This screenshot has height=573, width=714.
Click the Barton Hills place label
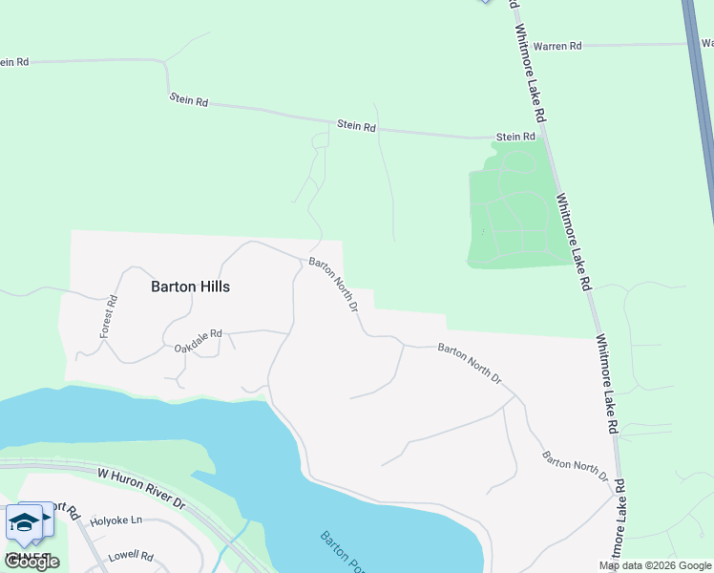click(191, 286)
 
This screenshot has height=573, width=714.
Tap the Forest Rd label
click(109, 316)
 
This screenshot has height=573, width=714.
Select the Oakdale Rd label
click(198, 339)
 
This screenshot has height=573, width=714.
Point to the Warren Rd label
click(557, 45)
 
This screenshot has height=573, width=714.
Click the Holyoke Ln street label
click(115, 521)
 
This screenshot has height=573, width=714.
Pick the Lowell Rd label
click(131, 555)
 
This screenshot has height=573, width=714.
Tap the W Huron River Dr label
click(140, 474)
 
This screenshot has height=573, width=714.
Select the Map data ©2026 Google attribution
click(655, 565)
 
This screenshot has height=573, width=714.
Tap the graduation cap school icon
click(23, 521)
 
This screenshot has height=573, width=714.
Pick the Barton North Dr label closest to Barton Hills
click(333, 285)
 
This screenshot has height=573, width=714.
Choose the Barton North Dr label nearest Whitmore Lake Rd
click(575, 465)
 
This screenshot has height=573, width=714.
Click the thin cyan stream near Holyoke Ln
click(242, 535)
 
